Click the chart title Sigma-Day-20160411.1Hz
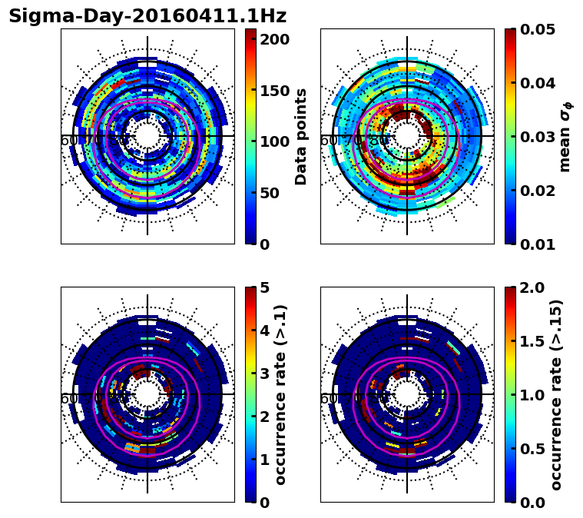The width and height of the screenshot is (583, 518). (x=147, y=16)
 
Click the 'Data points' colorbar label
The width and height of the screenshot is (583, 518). (x=301, y=136)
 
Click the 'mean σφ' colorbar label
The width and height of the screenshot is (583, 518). (x=565, y=137)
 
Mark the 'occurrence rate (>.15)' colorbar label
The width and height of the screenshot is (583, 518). (x=556, y=394)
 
